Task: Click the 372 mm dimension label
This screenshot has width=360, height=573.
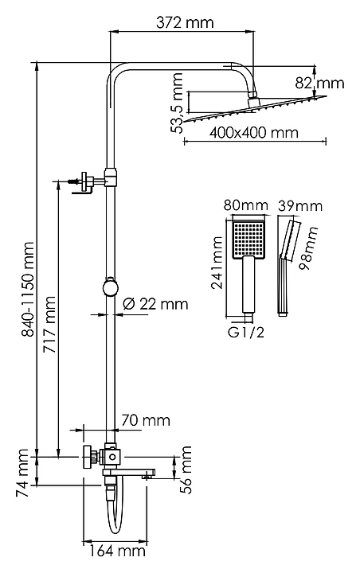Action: pyautogui.click(x=185, y=22)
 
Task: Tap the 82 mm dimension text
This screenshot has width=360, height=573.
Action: pyautogui.click(x=319, y=84)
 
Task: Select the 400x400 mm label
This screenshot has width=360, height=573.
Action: pyautogui.click(x=254, y=132)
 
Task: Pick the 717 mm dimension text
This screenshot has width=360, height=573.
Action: pyautogui.click(x=49, y=325)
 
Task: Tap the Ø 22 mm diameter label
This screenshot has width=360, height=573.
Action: pyautogui.click(x=155, y=304)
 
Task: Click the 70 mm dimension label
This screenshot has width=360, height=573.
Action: pyautogui.click(x=146, y=421)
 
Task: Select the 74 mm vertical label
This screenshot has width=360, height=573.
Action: pyautogui.click(x=22, y=474)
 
